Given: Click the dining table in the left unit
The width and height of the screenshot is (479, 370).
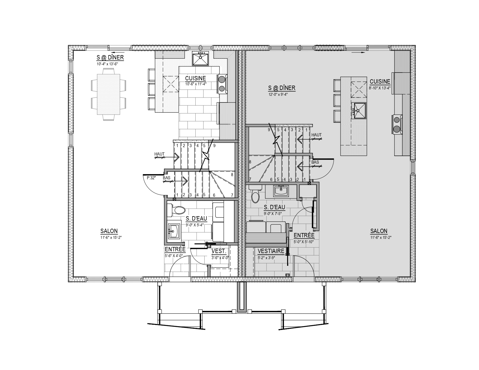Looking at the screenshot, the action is [109, 94].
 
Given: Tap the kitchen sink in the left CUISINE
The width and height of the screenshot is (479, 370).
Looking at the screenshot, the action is [200, 58].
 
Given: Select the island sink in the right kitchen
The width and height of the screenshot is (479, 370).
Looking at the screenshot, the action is [359, 111].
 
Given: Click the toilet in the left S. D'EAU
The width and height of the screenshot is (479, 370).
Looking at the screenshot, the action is [176, 210].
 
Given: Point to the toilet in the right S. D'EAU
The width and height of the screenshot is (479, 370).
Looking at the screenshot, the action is [255, 194].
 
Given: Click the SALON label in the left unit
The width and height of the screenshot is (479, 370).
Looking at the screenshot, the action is [109, 231].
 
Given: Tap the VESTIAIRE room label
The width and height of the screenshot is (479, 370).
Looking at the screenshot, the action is [271, 251].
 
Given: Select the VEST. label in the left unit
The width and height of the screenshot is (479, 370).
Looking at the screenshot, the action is [219, 251].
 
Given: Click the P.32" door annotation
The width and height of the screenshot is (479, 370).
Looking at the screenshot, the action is [151, 178].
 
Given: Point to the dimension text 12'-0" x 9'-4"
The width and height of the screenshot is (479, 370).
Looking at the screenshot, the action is [278, 95].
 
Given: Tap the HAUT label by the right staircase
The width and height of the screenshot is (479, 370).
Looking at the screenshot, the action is [316, 135].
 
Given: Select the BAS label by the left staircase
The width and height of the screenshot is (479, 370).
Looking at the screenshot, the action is [166, 178].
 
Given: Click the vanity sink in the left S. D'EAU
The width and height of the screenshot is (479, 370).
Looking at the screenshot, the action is [174, 231].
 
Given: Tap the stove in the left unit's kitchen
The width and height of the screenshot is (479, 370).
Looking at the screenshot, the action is [222, 84].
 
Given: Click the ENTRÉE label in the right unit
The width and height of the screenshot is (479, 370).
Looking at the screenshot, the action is [304, 235].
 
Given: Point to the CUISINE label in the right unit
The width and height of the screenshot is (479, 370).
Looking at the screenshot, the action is [380, 82].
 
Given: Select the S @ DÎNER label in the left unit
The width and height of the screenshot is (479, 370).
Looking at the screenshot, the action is [110, 57].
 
